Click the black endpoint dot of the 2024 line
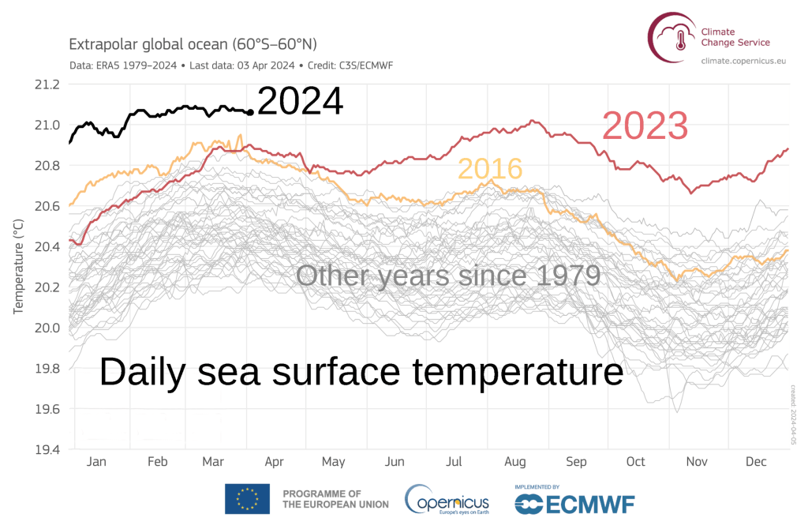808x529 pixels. [250, 113]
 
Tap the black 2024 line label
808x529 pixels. [300, 103]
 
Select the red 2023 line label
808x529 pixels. [645, 126]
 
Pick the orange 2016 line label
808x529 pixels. [490, 169]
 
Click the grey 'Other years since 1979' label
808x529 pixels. [448, 276]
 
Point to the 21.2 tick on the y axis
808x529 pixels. [47, 84]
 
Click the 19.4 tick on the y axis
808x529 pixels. [47, 450]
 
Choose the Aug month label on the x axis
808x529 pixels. [514, 462]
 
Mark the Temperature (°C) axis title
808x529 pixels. [18, 267]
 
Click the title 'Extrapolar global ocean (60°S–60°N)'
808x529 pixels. [194, 44]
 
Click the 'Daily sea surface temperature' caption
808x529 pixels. [361, 372]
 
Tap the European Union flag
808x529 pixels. [247, 499]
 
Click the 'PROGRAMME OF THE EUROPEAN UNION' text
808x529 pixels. [335, 498]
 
